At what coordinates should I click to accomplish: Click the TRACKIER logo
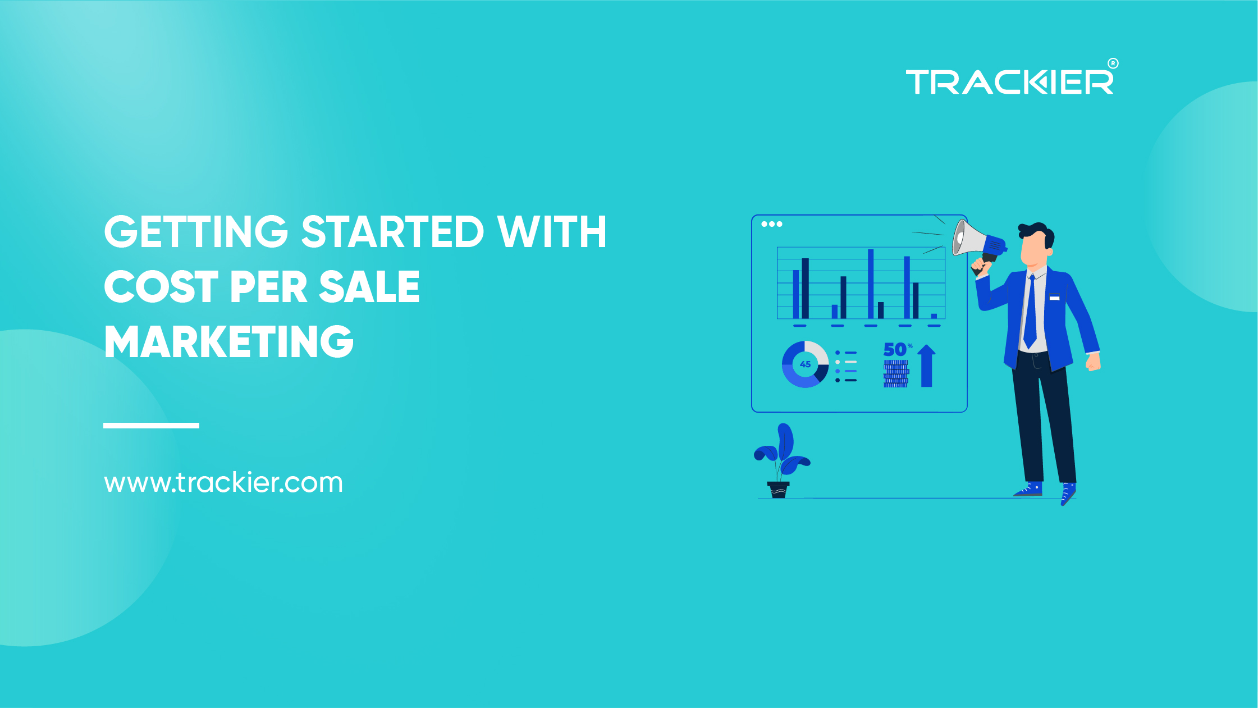click(1009, 83)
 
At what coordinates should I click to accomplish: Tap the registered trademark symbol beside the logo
click(1113, 63)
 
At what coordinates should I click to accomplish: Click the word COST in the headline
click(161, 286)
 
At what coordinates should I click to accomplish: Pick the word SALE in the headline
click(369, 286)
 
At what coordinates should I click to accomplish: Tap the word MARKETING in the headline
click(229, 341)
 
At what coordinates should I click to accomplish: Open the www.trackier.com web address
click(223, 482)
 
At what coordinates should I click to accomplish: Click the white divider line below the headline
click(151, 426)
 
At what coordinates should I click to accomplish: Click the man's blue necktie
click(1030, 314)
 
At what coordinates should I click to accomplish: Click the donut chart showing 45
click(805, 364)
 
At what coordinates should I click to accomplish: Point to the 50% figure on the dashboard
click(896, 349)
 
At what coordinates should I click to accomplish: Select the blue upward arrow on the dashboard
click(926, 366)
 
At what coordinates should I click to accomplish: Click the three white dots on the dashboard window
click(772, 224)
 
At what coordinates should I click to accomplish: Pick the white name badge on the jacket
click(1054, 297)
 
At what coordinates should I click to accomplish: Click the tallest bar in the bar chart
click(871, 284)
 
